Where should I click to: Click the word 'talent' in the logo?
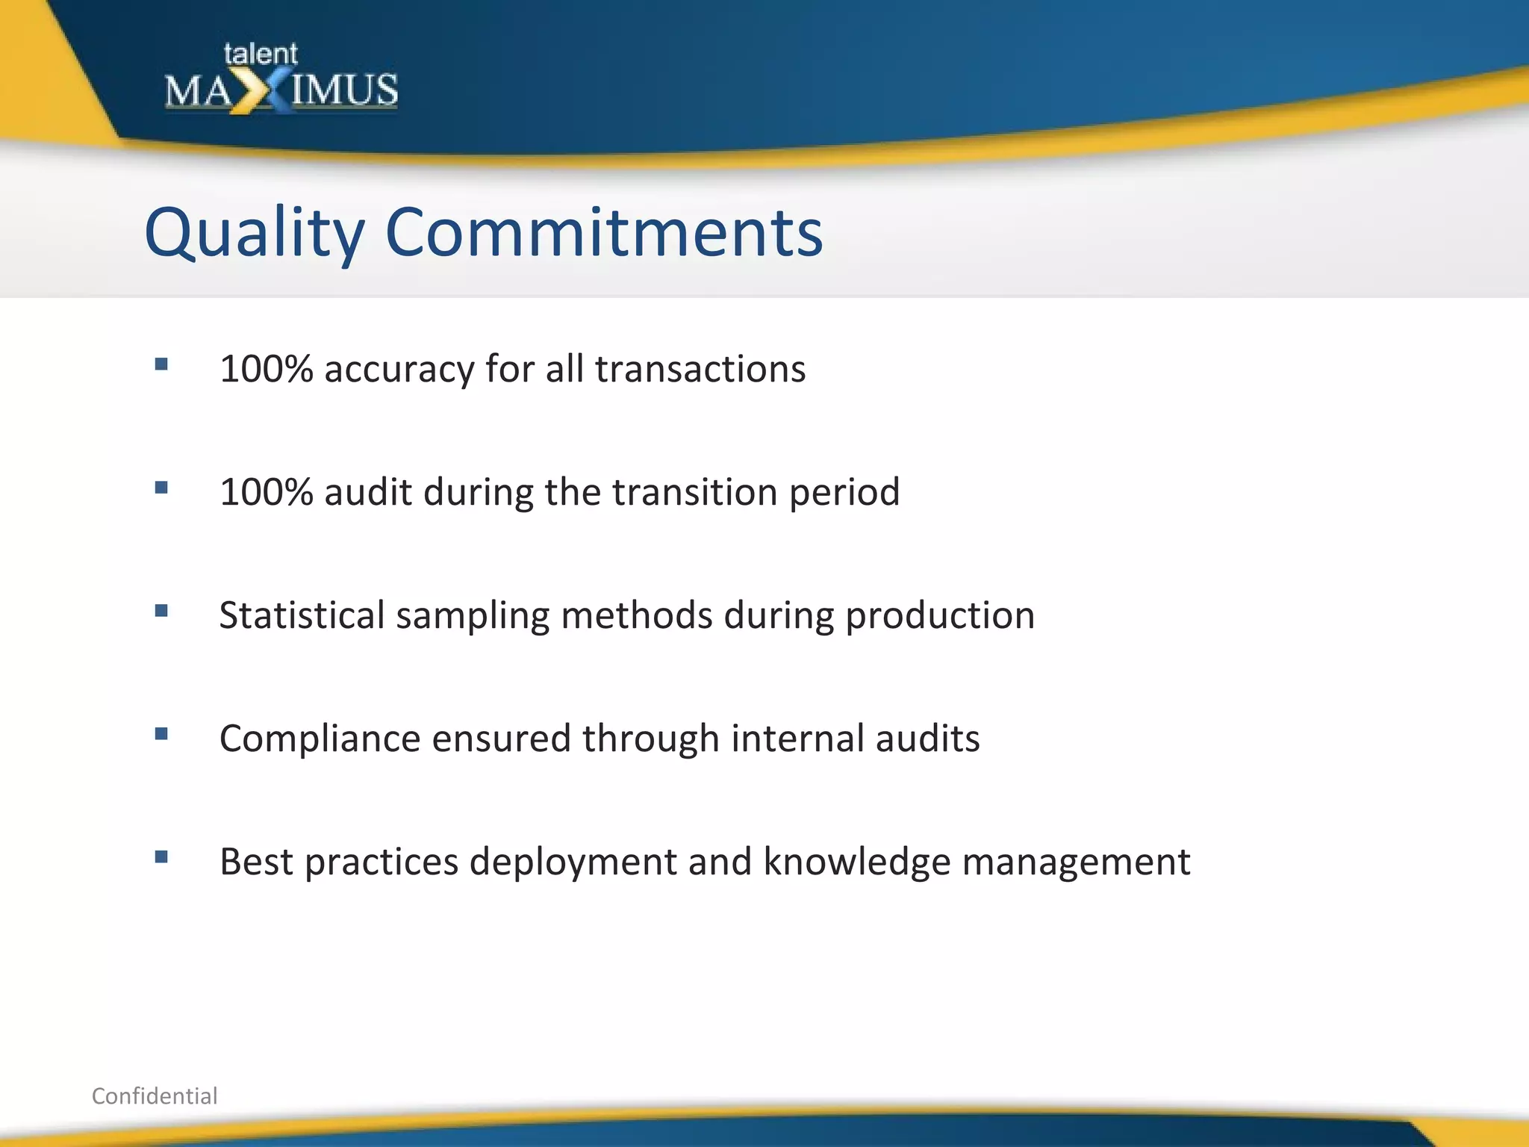(260, 54)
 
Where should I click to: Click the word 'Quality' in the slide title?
(255, 234)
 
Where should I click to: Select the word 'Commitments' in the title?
(603, 232)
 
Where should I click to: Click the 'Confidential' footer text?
(155, 1095)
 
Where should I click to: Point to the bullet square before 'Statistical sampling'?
(161, 611)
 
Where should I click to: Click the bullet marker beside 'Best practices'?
(161, 857)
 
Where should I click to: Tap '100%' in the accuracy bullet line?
(267, 369)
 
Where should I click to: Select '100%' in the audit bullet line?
(267, 492)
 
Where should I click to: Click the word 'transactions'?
(700, 369)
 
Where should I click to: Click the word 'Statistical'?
(302, 615)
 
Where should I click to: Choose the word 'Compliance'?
(320, 739)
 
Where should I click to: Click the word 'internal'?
(797, 738)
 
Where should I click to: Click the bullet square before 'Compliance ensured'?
(161, 734)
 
